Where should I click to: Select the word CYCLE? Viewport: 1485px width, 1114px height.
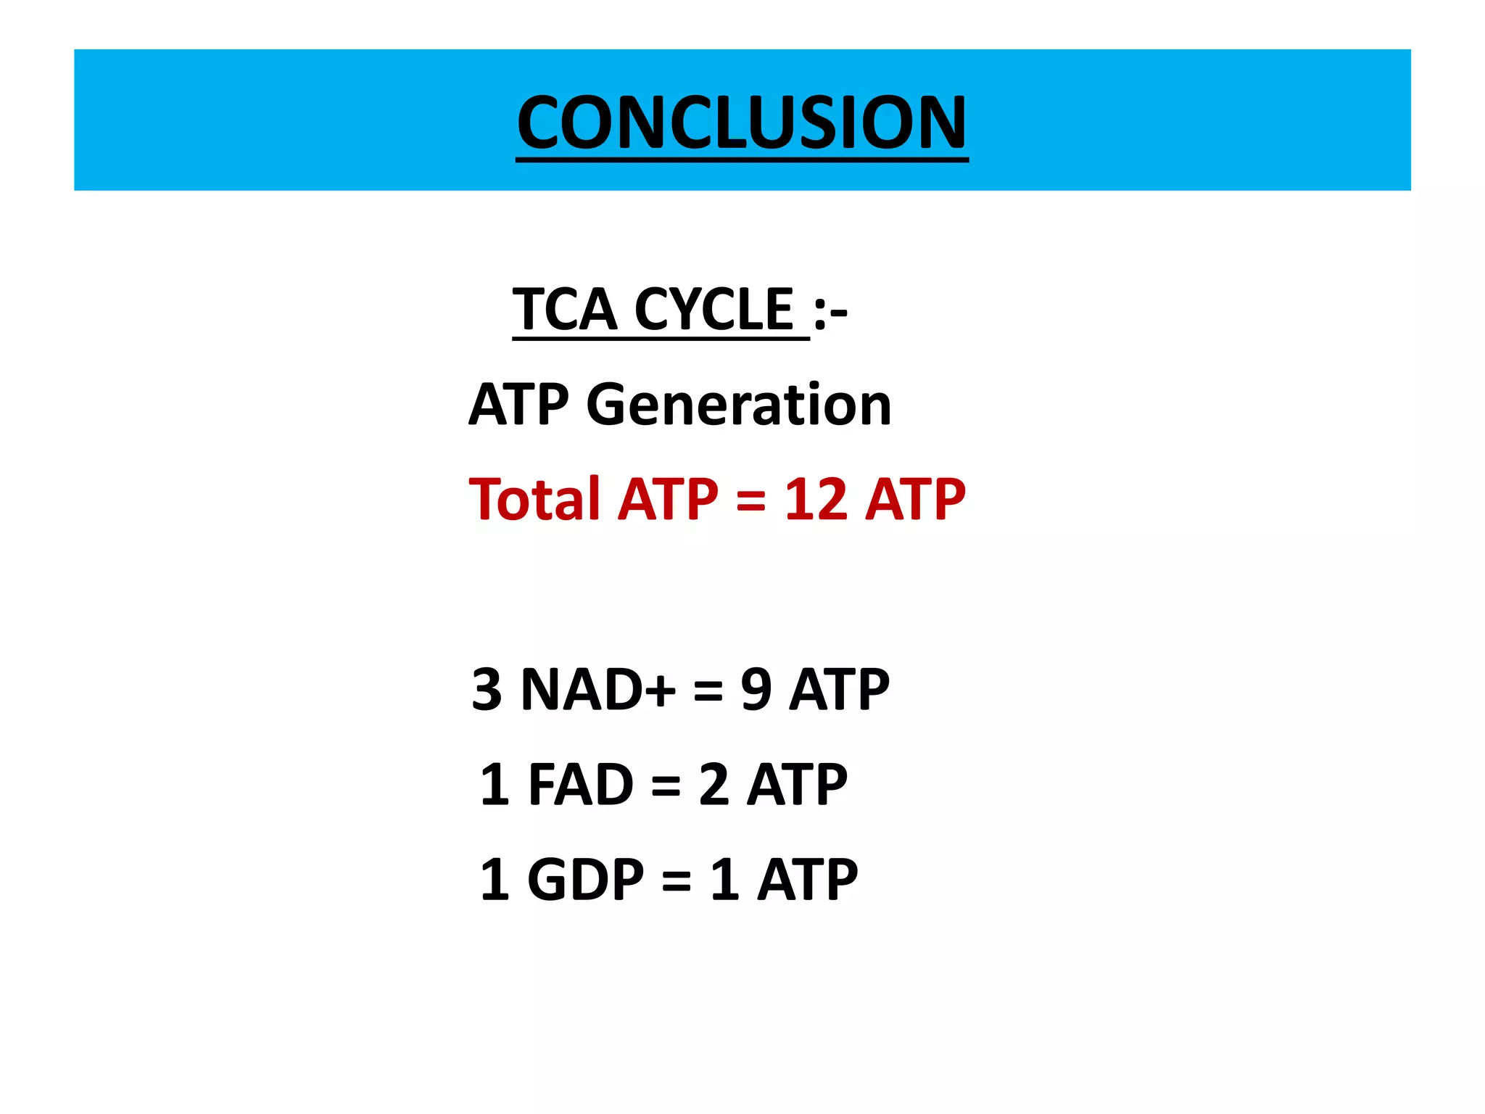pos(714,310)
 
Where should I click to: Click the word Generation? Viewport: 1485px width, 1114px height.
pos(739,405)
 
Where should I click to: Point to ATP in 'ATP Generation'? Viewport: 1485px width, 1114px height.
pos(519,405)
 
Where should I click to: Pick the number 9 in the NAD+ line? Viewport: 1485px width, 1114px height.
pos(756,689)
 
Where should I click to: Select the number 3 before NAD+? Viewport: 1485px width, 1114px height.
pos(487,689)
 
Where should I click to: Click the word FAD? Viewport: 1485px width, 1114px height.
pos(581,785)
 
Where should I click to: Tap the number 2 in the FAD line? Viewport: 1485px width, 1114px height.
pos(714,785)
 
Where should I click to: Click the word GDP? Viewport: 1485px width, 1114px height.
pos(585,880)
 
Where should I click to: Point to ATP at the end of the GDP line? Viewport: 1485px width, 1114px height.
pos(808,880)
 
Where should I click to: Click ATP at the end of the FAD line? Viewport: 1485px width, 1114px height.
pos(797,785)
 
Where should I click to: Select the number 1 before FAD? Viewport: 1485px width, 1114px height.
pos(495,785)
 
